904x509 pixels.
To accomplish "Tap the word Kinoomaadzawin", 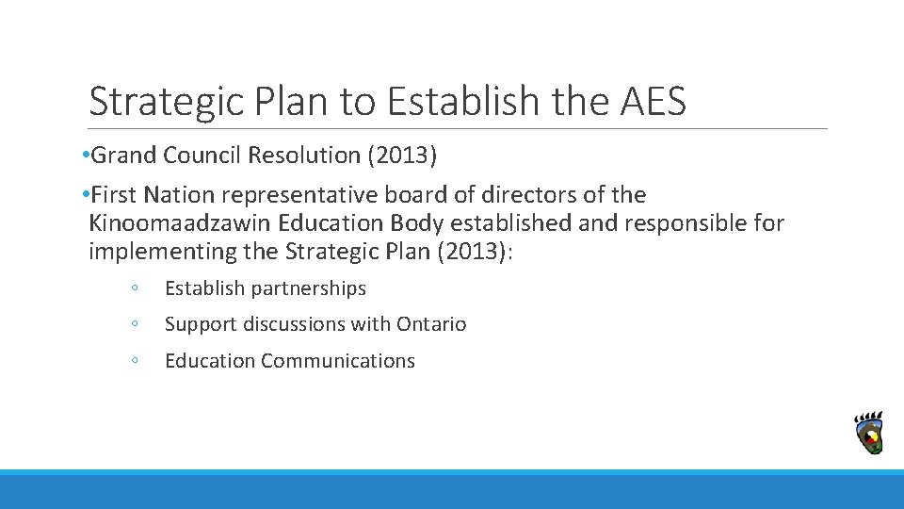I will coord(180,223).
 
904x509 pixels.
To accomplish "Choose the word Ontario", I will coord(431,324).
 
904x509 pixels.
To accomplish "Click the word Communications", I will coord(338,361).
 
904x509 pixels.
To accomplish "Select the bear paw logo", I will coord(868,434).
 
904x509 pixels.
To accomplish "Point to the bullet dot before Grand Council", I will coord(85,155).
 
